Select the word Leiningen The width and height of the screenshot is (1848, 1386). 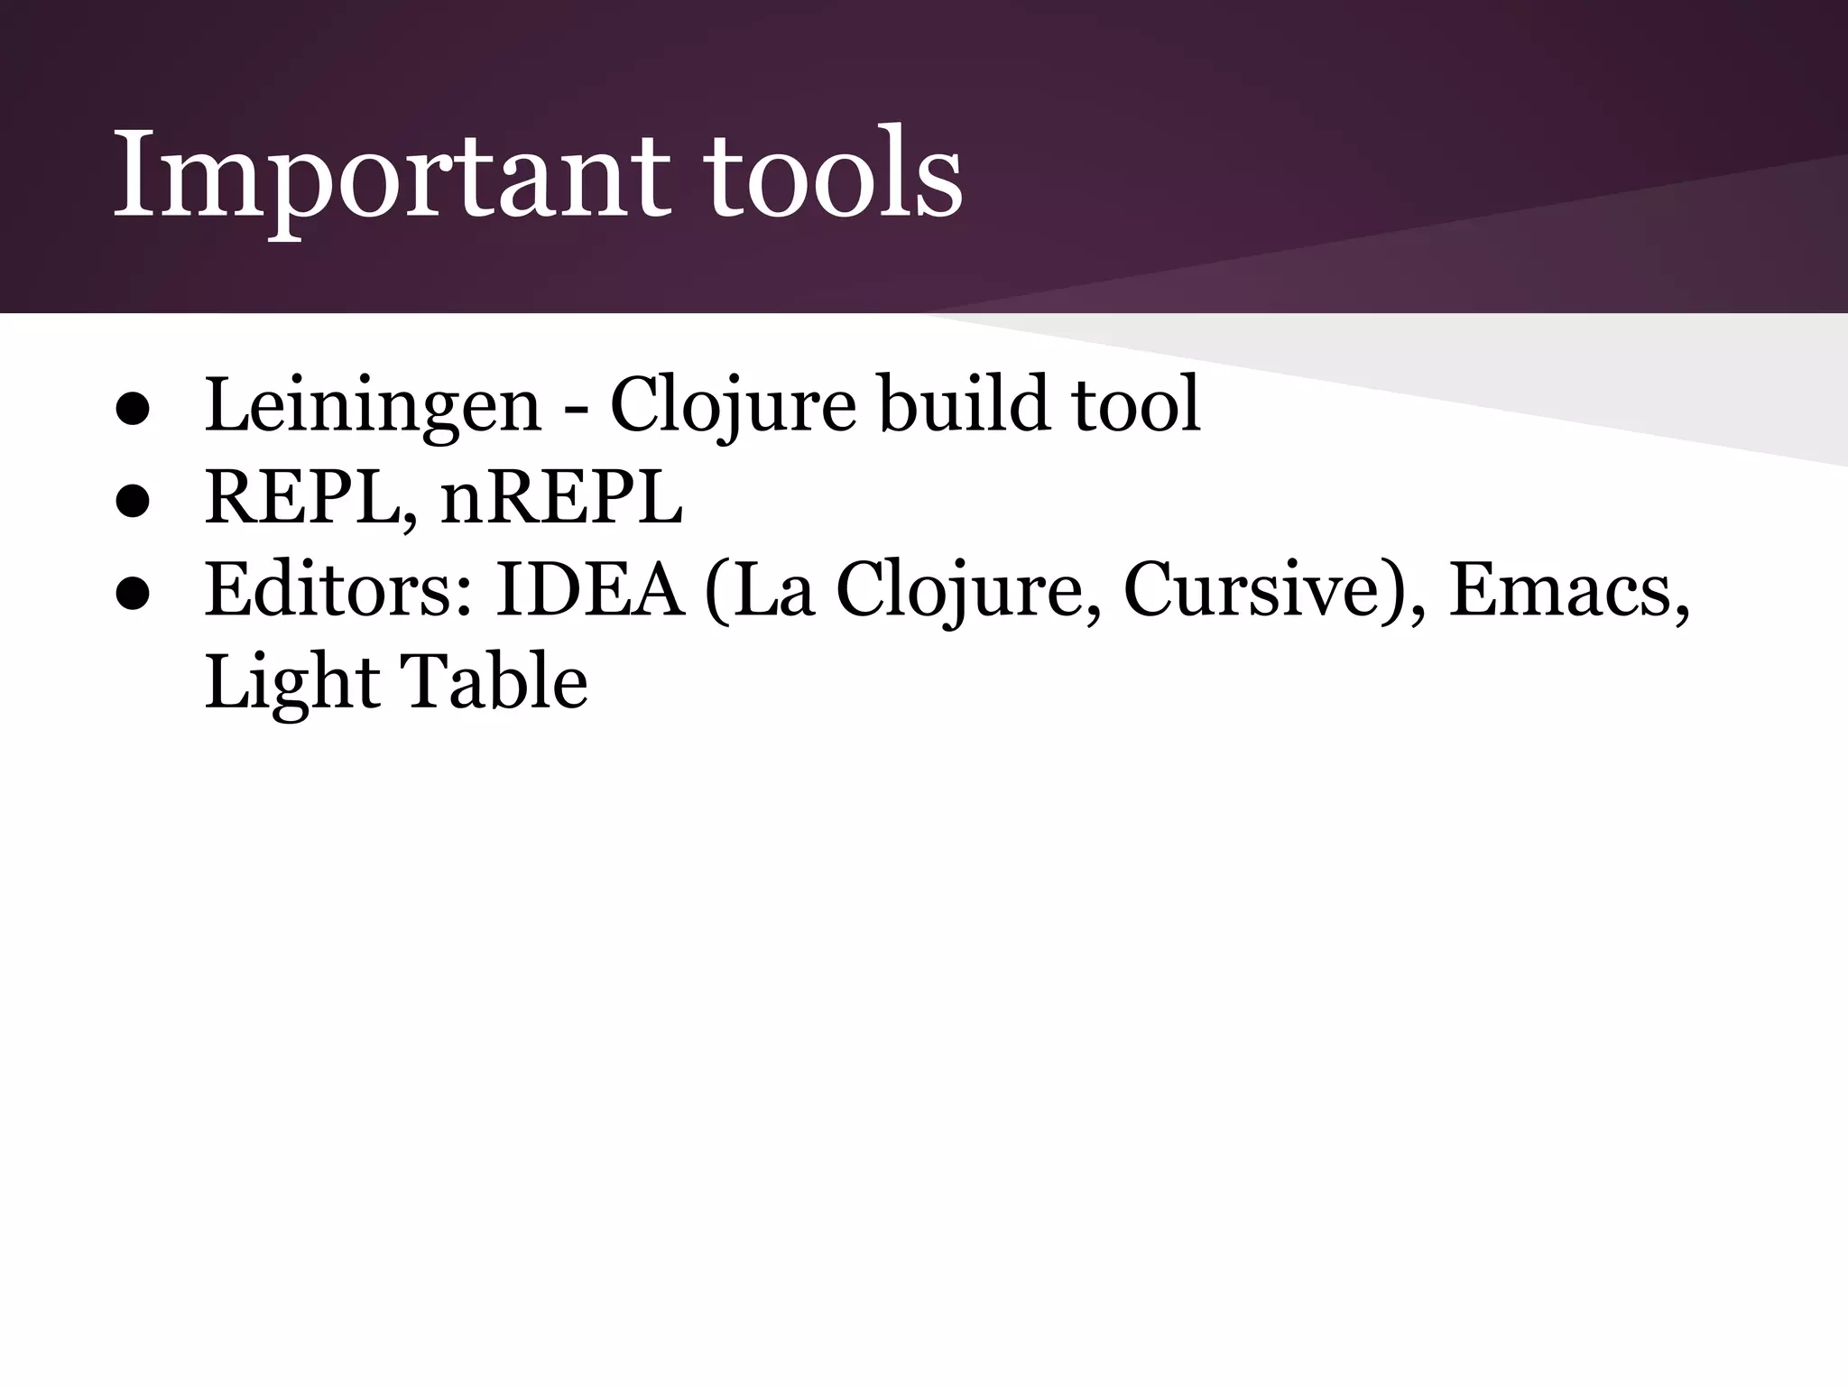pyautogui.click(x=373, y=407)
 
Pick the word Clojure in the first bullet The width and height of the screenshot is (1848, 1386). pyautogui.click(x=733, y=407)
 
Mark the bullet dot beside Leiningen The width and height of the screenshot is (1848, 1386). pyautogui.click(x=132, y=411)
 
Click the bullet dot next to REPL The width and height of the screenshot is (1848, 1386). pyautogui.click(x=132, y=503)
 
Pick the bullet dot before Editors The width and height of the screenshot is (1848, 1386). pyautogui.click(x=132, y=595)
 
